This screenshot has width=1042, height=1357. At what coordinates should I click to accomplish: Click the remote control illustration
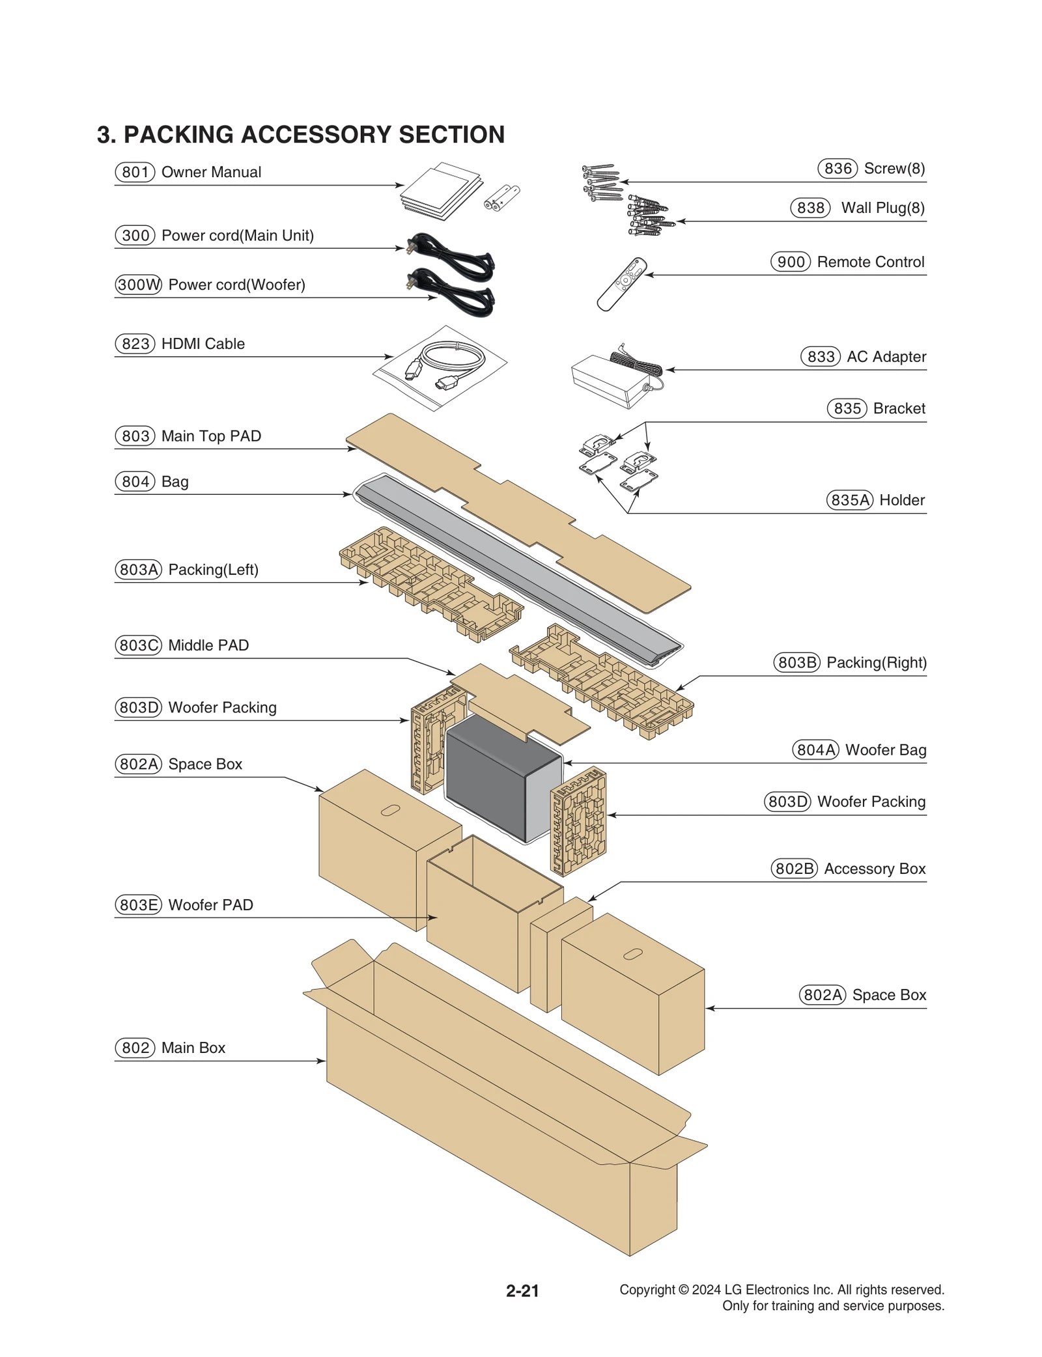point(621,284)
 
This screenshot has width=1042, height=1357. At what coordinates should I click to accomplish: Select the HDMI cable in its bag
point(440,368)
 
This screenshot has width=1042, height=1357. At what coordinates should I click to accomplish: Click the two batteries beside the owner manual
point(502,197)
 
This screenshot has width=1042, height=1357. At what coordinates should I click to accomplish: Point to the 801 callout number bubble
point(135,172)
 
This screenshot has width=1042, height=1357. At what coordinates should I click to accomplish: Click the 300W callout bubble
point(138,285)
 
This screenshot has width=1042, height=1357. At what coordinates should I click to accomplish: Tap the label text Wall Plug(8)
point(882,208)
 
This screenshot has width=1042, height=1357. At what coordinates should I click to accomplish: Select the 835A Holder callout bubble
point(849,500)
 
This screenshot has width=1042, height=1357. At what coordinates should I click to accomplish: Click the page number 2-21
point(522,1291)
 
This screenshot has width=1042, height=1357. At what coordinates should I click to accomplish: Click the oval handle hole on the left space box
point(390,810)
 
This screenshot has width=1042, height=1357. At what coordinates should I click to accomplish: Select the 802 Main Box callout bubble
point(135,1048)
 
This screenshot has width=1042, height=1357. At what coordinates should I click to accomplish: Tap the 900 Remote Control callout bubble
point(791,262)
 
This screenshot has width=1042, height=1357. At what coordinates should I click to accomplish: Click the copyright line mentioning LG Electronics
point(781,1289)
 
